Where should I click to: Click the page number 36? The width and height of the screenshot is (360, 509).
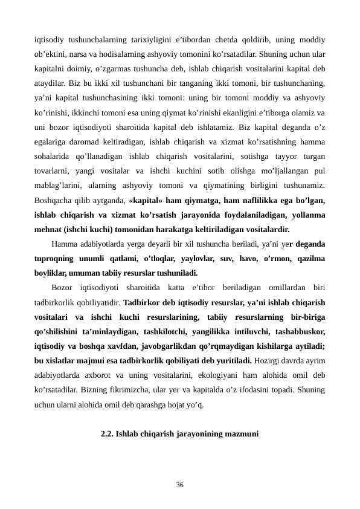click(180, 484)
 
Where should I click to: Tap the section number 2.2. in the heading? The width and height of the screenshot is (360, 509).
click(108, 433)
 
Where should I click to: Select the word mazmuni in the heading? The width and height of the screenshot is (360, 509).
click(242, 433)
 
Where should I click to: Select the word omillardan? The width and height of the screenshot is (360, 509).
click(259, 287)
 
